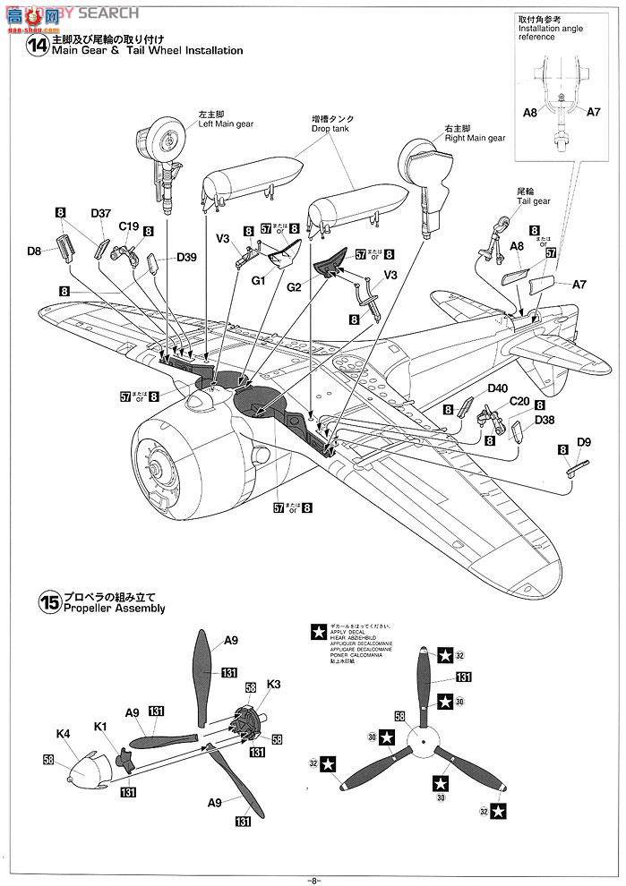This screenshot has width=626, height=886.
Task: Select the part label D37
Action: [100, 213]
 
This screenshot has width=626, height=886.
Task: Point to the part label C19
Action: [128, 227]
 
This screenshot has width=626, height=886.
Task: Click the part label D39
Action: [186, 258]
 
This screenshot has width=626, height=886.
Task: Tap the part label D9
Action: [584, 441]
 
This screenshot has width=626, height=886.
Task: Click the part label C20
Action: [519, 402]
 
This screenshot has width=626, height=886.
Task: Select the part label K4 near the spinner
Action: [63, 734]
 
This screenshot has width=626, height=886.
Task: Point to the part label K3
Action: [274, 684]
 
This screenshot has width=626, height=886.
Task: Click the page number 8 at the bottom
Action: [313, 879]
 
